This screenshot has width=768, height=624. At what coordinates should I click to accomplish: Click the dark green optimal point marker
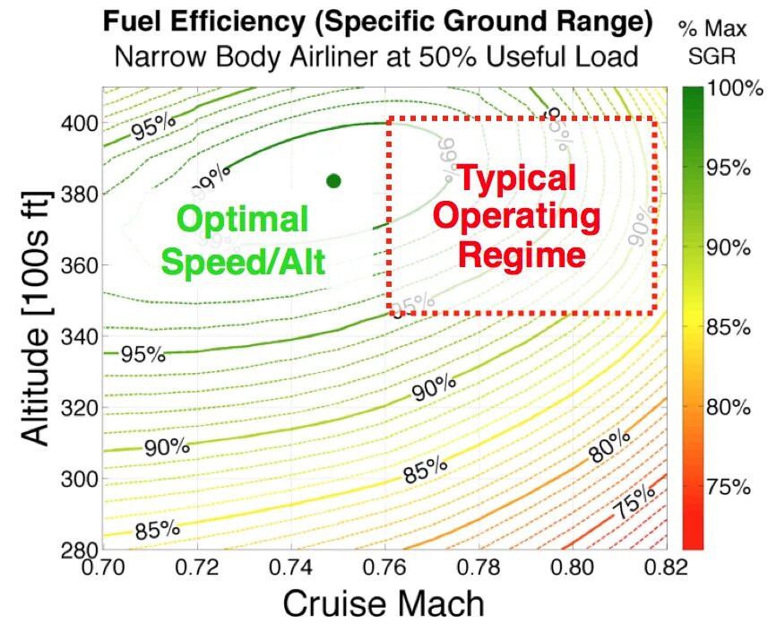tap(334, 181)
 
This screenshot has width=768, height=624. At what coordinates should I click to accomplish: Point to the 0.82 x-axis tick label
tap(664, 567)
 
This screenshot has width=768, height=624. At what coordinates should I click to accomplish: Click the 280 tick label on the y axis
tap(78, 550)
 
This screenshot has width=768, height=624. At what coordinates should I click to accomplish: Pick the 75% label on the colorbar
tap(728, 487)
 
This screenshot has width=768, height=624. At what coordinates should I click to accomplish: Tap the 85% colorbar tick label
tap(728, 327)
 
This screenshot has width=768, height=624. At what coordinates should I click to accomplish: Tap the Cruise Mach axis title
tap(384, 602)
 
